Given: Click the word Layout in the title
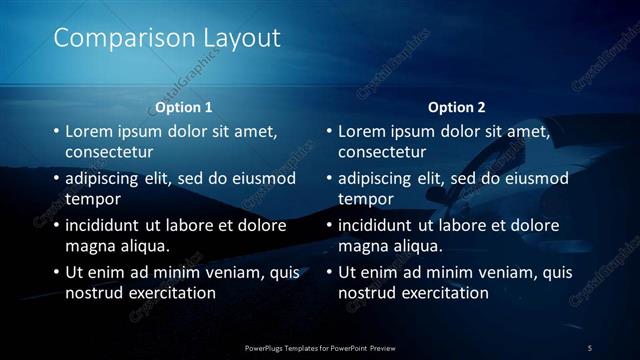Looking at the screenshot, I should click(x=240, y=39).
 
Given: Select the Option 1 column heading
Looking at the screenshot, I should click(x=184, y=107).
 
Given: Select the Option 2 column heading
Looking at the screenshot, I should click(x=457, y=107).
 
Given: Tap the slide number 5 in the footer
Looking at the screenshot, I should click(x=590, y=347).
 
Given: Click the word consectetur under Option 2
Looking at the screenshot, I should click(x=382, y=153).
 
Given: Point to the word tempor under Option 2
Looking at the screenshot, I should click(x=365, y=199).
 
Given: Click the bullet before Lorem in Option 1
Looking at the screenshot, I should click(x=56, y=132).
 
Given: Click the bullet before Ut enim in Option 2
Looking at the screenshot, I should click(x=329, y=272).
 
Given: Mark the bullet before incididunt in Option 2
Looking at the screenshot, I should click(x=329, y=225).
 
